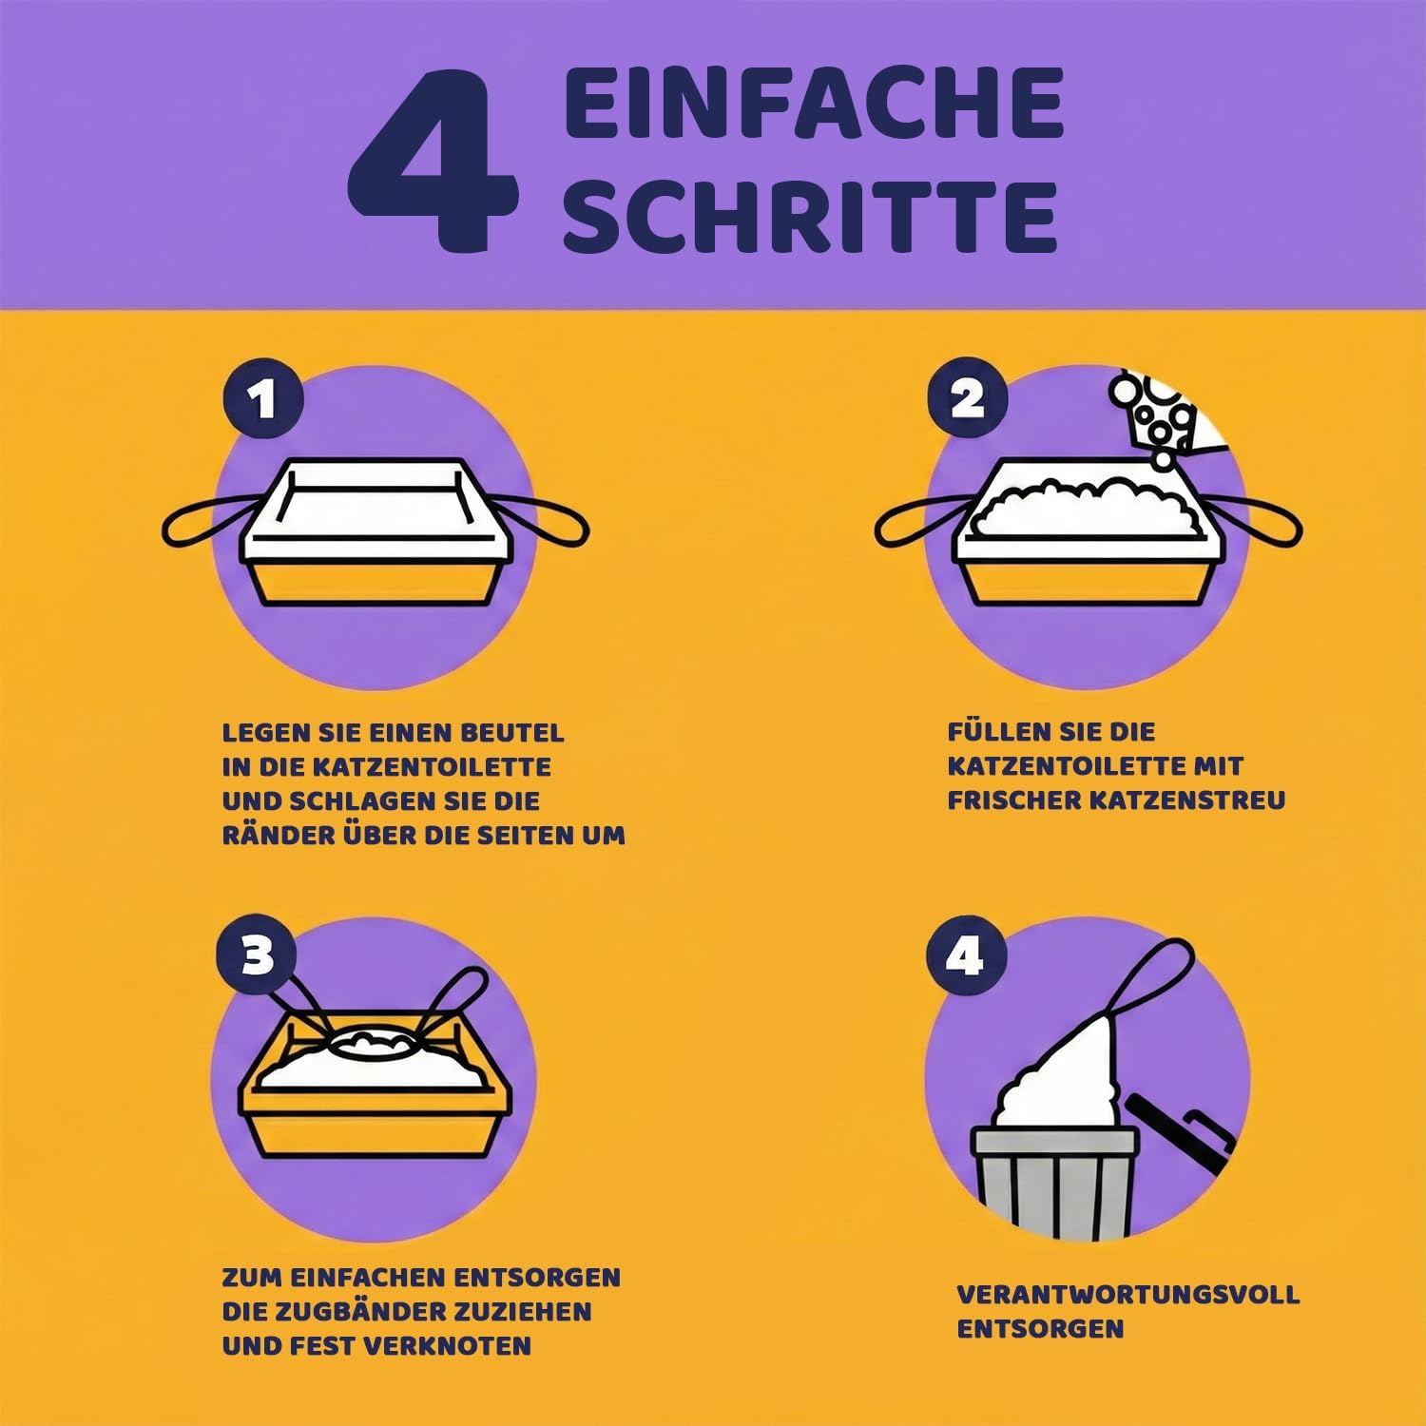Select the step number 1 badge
pyautogui.click(x=263, y=398)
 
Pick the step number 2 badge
pyautogui.click(x=968, y=398)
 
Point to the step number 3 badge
pyautogui.click(x=258, y=954)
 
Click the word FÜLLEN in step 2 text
pyautogui.click(x=998, y=731)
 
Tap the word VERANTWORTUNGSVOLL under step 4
pyautogui.click(x=1128, y=1294)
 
